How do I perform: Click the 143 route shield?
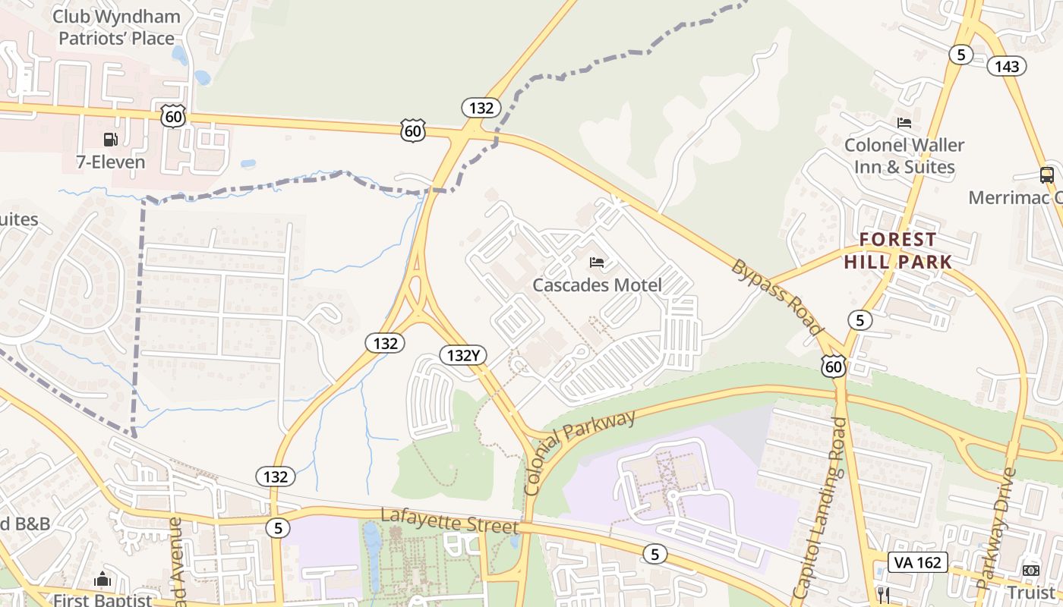tap(1007, 66)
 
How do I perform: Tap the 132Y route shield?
tap(462, 354)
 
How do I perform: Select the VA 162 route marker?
tap(918, 562)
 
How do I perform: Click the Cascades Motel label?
tap(597, 285)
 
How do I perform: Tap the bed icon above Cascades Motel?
tap(597, 263)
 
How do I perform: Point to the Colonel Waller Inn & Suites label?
tap(904, 156)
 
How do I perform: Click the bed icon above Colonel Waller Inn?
tap(904, 122)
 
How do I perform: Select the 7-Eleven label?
tap(110, 162)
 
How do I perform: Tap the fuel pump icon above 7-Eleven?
tap(110, 139)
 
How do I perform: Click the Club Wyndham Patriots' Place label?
tap(117, 27)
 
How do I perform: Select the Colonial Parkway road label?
tap(579, 453)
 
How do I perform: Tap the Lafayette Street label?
tap(449, 521)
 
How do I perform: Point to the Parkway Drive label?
tap(996, 528)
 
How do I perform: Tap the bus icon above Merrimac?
tap(1047, 175)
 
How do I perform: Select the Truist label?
tap(1031, 592)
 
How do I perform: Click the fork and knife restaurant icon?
tap(882, 593)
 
